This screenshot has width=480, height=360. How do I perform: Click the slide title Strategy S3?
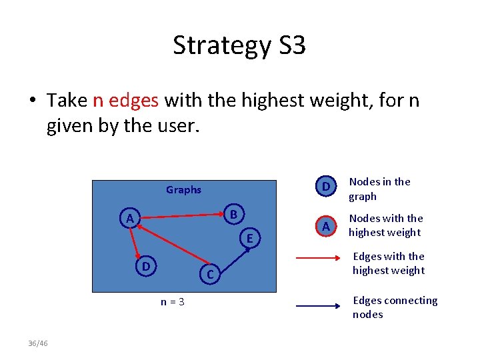tap(239, 45)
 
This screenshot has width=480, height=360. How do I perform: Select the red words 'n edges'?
tap(125, 100)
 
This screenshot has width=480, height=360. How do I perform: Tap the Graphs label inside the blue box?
tap(183, 190)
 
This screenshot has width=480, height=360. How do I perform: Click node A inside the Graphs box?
tap(131, 217)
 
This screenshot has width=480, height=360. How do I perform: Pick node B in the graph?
tap(234, 215)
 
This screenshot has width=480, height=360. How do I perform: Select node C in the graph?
tap(209, 273)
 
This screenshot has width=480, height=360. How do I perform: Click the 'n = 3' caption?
tap(173, 302)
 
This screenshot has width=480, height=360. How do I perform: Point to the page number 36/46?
tap(39, 343)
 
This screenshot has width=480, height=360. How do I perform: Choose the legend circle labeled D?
tap(325, 187)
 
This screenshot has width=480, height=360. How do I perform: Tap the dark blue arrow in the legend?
tap(318, 307)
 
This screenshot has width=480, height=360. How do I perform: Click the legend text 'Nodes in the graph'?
tap(380, 189)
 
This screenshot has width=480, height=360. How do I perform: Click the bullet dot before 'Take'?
tap(32, 101)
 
